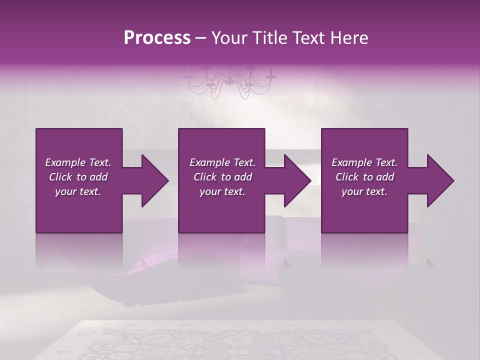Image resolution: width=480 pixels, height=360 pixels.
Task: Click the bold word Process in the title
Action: point(157,38)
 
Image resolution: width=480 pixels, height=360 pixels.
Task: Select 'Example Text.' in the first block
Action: point(78,162)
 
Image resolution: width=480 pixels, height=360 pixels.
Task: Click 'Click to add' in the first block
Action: point(78,177)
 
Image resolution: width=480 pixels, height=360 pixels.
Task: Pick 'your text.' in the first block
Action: point(78,191)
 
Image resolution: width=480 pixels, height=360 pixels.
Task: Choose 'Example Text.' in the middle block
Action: point(222,162)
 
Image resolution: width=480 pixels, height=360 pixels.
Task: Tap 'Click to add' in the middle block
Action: point(222,177)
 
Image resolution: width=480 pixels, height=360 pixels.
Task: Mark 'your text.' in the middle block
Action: point(222,191)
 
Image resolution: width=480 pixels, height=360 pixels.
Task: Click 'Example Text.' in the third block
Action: point(364,162)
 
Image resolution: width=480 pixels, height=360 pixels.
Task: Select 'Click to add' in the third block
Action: point(364,177)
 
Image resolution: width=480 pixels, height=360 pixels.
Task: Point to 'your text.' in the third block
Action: point(364,191)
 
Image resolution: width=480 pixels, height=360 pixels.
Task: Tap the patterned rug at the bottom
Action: point(240,342)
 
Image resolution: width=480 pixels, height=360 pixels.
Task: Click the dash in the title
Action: point(201,38)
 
